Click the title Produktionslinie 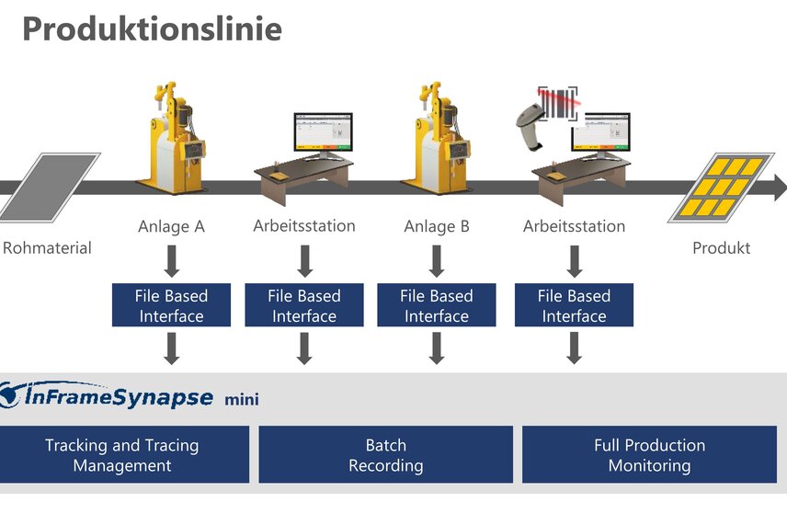(x=152, y=29)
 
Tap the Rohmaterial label (x=47, y=248)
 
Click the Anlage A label (x=171, y=226)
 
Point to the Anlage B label (x=437, y=226)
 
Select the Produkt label (x=721, y=248)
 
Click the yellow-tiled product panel (x=721, y=188)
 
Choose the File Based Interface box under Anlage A (x=171, y=305)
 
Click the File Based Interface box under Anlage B (x=437, y=305)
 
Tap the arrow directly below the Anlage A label (x=172, y=261)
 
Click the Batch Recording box (x=386, y=455)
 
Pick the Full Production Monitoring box (x=649, y=455)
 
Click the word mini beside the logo (x=242, y=400)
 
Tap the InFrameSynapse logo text (x=119, y=396)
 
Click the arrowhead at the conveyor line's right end (x=781, y=188)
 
